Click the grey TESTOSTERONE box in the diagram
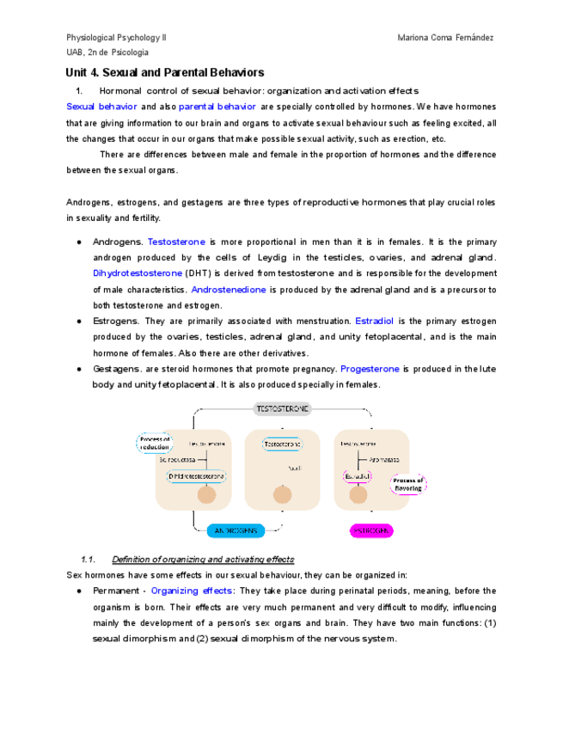point(282,409)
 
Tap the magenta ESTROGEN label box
point(371,530)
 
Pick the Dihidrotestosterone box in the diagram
point(196,475)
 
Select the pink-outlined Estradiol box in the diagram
point(357,475)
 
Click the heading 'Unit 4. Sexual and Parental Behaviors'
point(165,73)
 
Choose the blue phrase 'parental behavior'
point(217,107)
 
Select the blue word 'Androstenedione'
point(228,289)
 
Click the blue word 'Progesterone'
point(370,369)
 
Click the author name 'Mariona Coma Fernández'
point(446,38)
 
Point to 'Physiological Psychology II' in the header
point(117,38)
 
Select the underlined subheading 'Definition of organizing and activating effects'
point(203,559)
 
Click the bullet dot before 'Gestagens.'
point(78,369)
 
